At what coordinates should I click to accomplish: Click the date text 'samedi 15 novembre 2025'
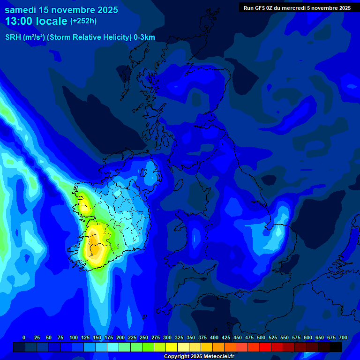pos(61,10)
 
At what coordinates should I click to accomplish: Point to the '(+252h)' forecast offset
pos(83,21)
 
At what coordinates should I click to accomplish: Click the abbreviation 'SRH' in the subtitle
pos(13,37)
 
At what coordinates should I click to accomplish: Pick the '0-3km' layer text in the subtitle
pos(144,37)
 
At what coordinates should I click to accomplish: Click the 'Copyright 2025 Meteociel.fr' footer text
pos(199,357)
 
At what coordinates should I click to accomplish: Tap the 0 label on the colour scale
pos(24,337)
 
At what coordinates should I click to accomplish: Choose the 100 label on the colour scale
pos(74,337)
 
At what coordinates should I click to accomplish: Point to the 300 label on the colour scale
pos(167,337)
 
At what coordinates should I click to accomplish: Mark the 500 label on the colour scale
pos(261,337)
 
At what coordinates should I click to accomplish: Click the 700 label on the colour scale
pos(343,337)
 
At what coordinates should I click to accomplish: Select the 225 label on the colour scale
pos(132,337)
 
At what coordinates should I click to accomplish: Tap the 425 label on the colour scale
pos(226,337)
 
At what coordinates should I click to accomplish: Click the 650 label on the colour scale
pos(320,337)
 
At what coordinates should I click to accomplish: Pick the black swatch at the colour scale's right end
pos(335,347)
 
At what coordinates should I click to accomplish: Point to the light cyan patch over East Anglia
pos(279,232)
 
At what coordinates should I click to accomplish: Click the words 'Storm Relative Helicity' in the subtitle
pos(90,37)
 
